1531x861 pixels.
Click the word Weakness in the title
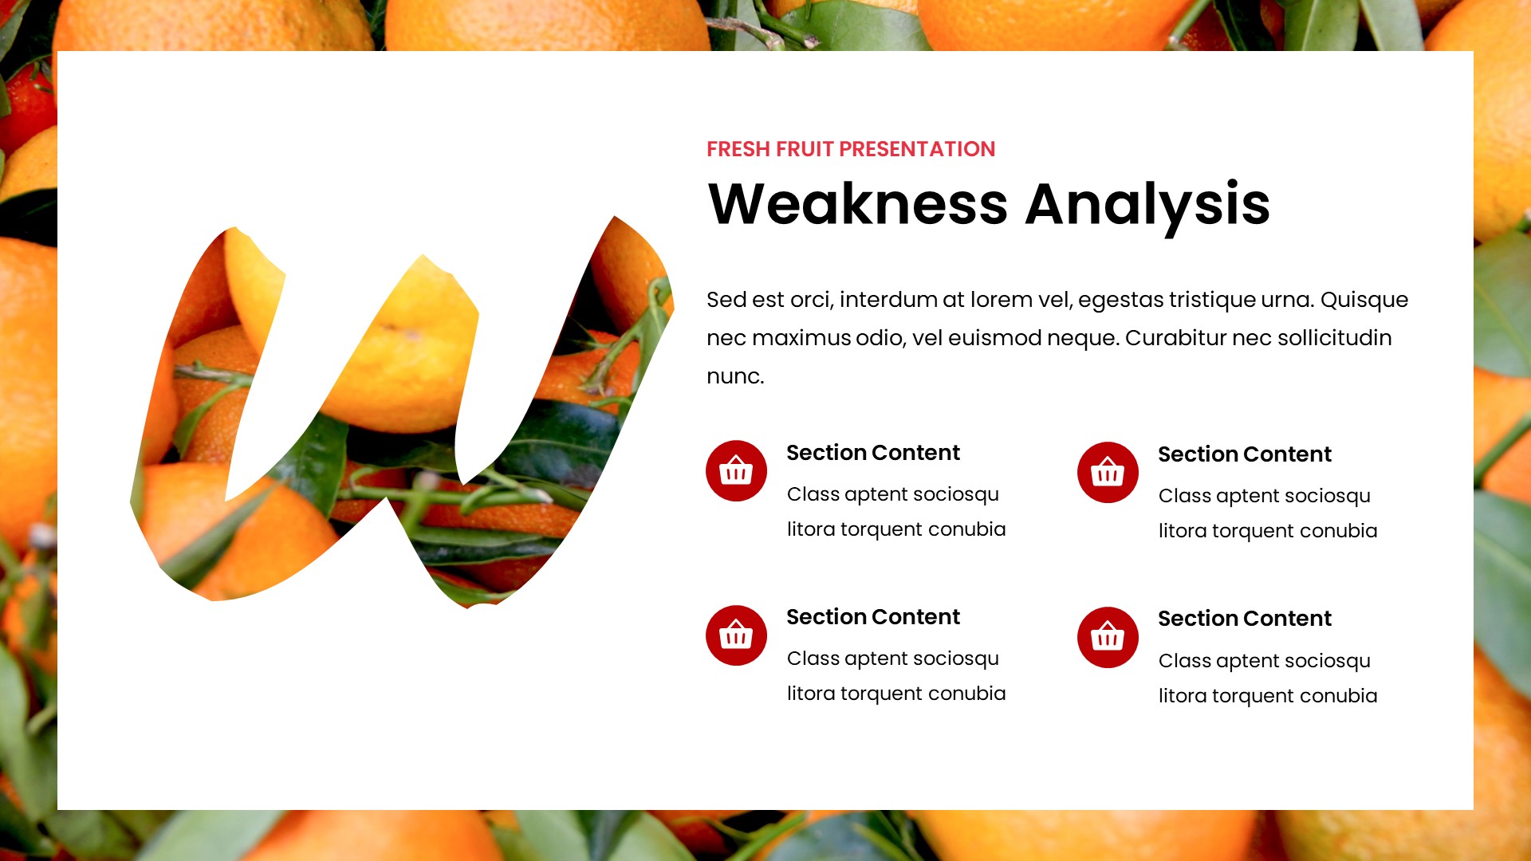[857, 204]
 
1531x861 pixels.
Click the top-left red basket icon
[736, 471]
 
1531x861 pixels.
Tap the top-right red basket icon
[1108, 473]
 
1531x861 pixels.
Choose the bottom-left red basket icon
[736, 635]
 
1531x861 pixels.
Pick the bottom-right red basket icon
[1108, 638]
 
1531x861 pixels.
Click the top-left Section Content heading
[873, 453]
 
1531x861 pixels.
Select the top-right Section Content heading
[1245, 454]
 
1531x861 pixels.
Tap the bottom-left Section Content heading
[873, 617]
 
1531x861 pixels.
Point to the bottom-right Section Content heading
[1245, 619]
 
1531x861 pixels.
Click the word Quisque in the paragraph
[1364, 301]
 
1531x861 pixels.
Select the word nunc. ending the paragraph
[735, 376]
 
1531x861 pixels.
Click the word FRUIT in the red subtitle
[805, 149]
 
